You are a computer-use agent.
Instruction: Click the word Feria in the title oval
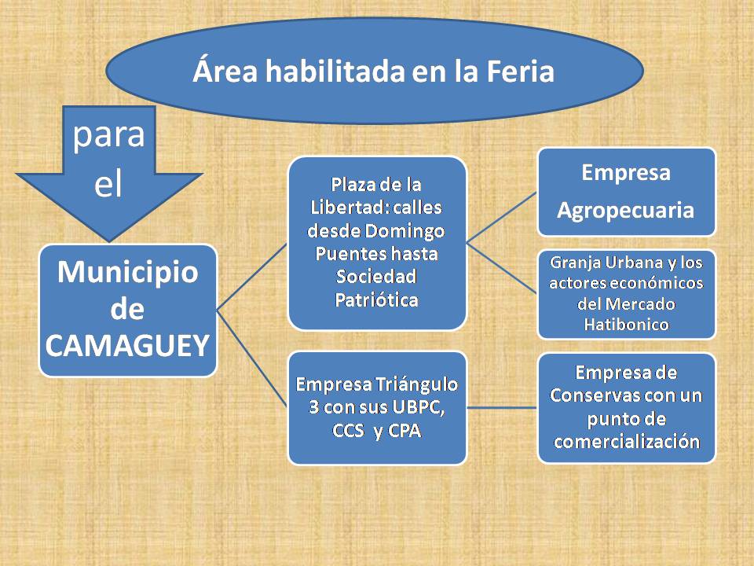tap(520, 72)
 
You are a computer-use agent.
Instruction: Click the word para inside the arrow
tap(108, 135)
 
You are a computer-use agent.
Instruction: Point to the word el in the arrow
tap(108, 183)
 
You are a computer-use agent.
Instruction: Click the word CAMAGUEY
tap(127, 346)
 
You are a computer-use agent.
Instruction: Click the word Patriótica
tap(376, 300)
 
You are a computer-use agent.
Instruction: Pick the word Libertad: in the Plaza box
tap(349, 208)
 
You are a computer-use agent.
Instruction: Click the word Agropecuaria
tap(626, 211)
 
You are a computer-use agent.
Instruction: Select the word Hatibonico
tap(626, 325)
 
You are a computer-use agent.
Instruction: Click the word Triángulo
tap(416, 385)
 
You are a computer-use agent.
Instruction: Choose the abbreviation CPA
tap(404, 430)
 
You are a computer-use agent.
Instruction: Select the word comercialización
tap(627, 442)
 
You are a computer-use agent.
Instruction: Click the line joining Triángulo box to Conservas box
tap(502, 408)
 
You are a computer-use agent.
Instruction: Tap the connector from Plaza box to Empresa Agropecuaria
tap(502, 218)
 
